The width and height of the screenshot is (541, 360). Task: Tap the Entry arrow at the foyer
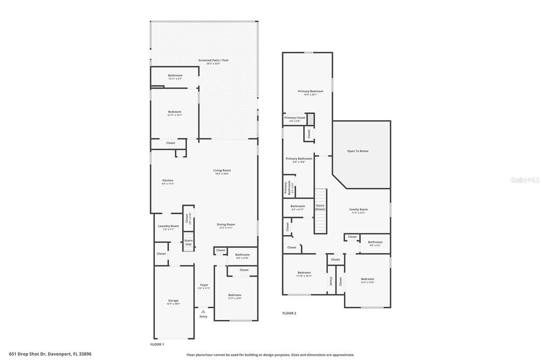[203, 311]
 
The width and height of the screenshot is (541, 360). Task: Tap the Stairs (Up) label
[188, 242]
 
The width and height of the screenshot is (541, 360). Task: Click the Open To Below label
[358, 151]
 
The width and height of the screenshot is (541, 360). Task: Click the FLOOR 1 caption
[157, 344]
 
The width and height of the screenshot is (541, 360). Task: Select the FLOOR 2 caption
[289, 313]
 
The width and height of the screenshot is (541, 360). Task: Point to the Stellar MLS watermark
[525, 179]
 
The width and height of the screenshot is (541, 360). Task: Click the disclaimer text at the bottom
[270, 355]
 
